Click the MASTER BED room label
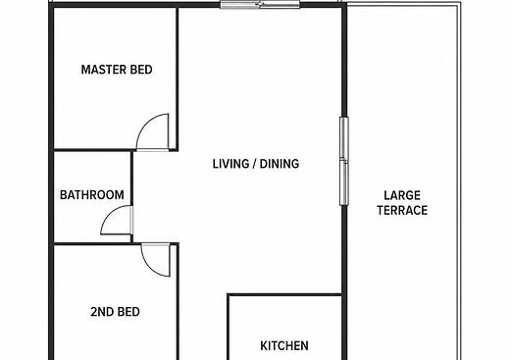coord(117,70)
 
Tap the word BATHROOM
coord(92,195)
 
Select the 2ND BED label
coord(115,312)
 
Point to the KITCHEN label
coord(284,345)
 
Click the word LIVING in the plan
coord(231,164)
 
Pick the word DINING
coord(280,164)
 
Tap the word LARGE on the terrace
coord(402,195)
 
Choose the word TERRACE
coord(402,210)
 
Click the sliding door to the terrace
coord(344,161)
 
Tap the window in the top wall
coord(260,5)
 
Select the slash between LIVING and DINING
coord(255,164)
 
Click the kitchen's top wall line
coord(284,295)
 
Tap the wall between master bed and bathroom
coord(92,150)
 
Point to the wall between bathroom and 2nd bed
coord(92,243)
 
